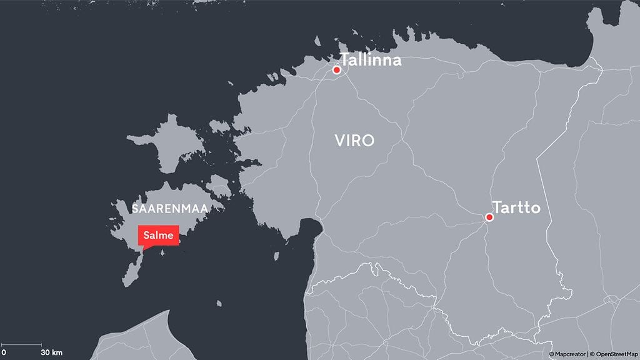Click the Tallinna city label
(x=371, y=61)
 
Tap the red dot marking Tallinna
(x=337, y=70)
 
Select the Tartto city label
(x=516, y=207)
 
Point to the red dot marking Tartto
(x=489, y=217)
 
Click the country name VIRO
(x=354, y=141)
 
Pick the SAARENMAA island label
(x=169, y=207)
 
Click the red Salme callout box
(x=158, y=236)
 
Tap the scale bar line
(x=21, y=344)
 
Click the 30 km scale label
(x=52, y=353)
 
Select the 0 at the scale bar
(x=4, y=353)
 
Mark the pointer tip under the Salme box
(x=143, y=251)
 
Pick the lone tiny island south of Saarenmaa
(x=220, y=303)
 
